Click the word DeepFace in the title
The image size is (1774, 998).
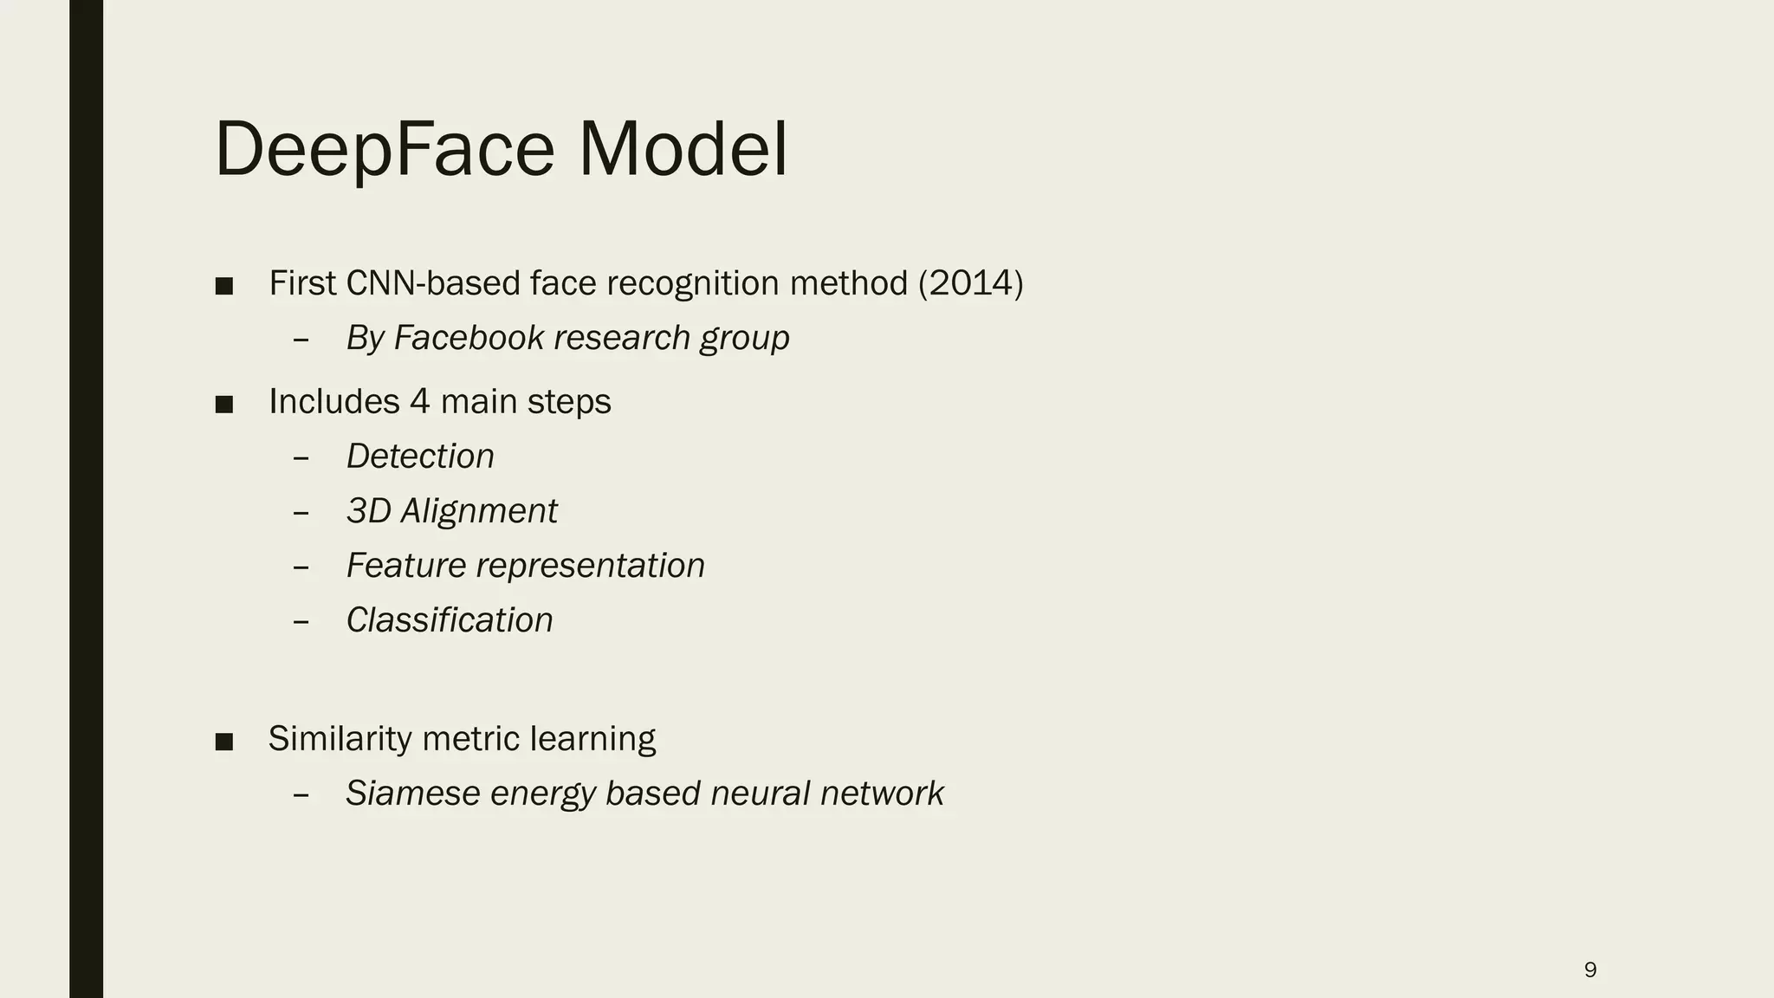point(384,150)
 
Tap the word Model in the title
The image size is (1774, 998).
point(683,150)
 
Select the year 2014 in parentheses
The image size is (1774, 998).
point(970,283)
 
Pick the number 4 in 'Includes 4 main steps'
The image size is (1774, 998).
point(419,402)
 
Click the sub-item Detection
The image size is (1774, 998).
point(420,457)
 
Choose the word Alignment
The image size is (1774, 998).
point(479,511)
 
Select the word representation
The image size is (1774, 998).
point(591,566)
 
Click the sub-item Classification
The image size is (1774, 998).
point(450,620)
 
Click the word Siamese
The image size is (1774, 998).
point(412,794)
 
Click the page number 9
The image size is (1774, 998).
point(1590,969)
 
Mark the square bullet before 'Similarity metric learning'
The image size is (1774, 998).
point(224,742)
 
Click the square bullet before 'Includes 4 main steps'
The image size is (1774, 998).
point(224,405)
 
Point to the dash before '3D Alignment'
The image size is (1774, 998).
point(301,512)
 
